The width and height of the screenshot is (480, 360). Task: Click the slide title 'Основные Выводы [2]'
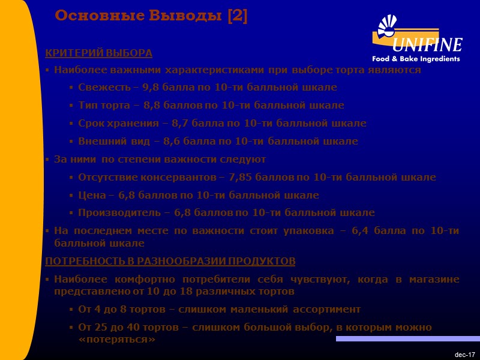pyautogui.click(x=151, y=16)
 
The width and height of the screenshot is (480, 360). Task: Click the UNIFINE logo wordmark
pyautogui.click(x=427, y=45)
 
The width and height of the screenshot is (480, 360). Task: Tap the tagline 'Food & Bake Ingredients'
pyautogui.click(x=416, y=59)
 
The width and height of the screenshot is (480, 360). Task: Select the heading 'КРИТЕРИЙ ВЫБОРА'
pyautogui.click(x=99, y=53)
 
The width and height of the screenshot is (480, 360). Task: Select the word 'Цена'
pyautogui.click(x=91, y=196)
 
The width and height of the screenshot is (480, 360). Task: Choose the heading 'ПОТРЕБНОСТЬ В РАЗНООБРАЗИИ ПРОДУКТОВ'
pyautogui.click(x=170, y=262)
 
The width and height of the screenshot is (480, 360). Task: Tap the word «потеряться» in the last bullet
pyautogui.click(x=117, y=340)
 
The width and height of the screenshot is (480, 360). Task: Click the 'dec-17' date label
pyautogui.click(x=464, y=355)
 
